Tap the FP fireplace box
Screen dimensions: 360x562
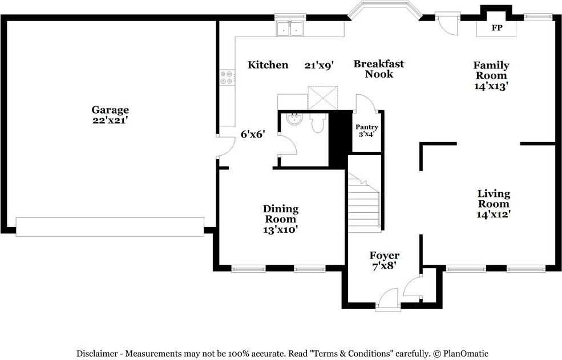497,28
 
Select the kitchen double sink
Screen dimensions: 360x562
290,30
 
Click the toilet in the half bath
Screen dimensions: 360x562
318,123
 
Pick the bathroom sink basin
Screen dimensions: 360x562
294,120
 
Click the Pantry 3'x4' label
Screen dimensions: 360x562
366,131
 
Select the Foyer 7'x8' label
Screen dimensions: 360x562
384,260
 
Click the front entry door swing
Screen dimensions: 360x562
388,298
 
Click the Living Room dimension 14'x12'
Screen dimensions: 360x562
494,215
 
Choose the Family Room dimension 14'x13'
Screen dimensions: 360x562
491,86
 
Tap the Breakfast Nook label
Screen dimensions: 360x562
378,68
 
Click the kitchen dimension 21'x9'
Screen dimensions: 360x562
318,65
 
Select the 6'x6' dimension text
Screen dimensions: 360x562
253,135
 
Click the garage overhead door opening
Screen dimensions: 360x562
110,226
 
